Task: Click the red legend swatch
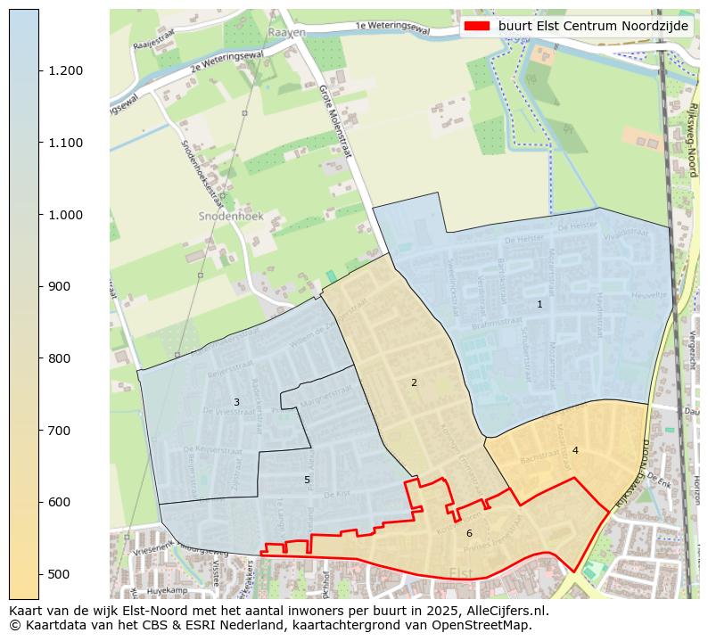click(477, 26)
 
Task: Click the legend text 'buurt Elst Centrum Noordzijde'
click(593, 26)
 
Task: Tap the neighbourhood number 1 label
click(539, 304)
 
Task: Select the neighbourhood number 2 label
click(414, 382)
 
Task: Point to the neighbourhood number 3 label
click(236, 402)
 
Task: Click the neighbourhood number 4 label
click(575, 450)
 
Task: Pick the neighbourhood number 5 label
click(307, 480)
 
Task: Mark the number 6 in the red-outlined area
click(469, 533)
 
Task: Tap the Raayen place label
click(286, 32)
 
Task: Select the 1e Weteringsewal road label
click(392, 28)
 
